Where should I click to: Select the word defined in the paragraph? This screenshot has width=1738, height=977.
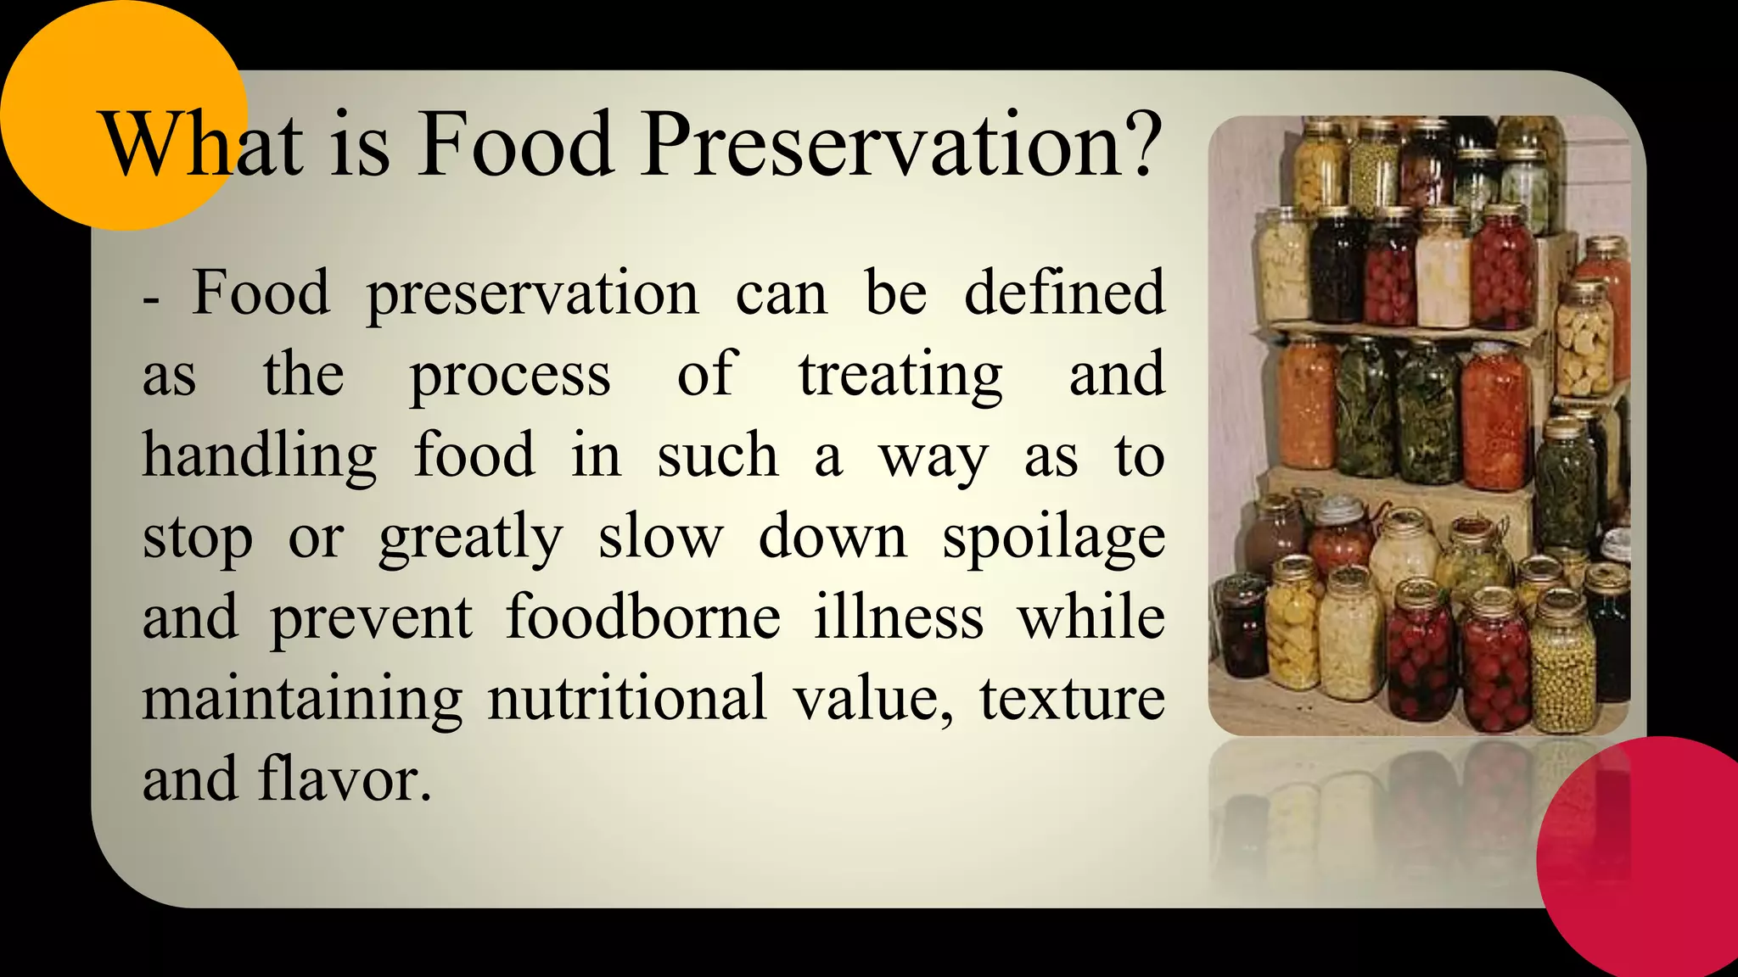(1064, 293)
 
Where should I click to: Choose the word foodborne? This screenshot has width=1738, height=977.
(642, 617)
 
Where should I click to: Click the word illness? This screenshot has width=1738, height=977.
(899, 617)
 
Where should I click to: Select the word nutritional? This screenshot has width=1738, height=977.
(627, 699)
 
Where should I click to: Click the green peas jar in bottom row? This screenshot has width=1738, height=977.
(1562, 670)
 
